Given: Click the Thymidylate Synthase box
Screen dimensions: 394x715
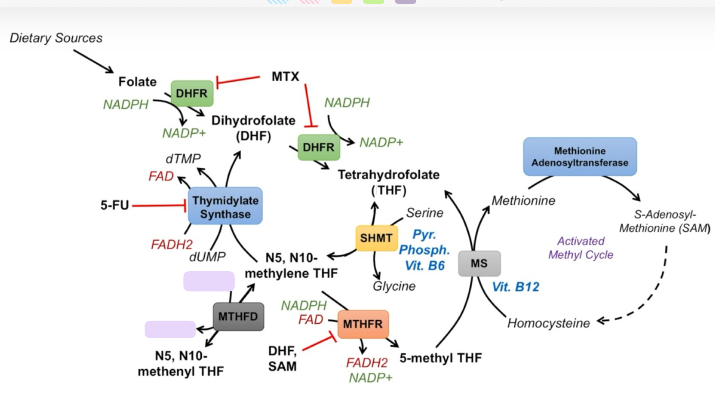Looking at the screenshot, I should [x=225, y=206].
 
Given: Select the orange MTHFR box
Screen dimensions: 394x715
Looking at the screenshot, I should [x=363, y=324].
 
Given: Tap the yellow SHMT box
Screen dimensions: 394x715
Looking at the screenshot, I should [x=376, y=238].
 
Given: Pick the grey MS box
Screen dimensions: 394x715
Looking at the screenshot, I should [x=479, y=263].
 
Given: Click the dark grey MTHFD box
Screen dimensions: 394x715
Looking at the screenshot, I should [x=238, y=316].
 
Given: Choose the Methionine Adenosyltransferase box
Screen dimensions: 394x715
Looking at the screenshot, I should [x=580, y=157].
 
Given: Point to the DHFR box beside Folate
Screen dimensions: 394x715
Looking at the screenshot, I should [x=192, y=93].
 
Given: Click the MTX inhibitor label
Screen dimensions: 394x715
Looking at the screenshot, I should [x=285, y=76].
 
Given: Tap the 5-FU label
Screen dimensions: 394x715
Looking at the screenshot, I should [x=115, y=205].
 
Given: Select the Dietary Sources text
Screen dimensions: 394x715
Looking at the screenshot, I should [x=56, y=38].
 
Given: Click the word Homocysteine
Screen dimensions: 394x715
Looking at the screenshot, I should [x=548, y=323].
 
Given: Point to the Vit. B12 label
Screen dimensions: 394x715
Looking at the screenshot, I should [x=516, y=287].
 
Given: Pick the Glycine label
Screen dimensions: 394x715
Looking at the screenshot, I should [x=394, y=286].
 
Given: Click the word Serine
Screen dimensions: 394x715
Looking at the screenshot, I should [x=425, y=213].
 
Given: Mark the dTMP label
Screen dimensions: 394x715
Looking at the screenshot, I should [x=183, y=158].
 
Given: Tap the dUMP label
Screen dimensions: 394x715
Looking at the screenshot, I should [x=207, y=257].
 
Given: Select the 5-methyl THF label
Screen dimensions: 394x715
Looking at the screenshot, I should [x=441, y=358].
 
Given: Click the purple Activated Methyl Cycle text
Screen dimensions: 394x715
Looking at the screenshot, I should [x=581, y=248].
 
